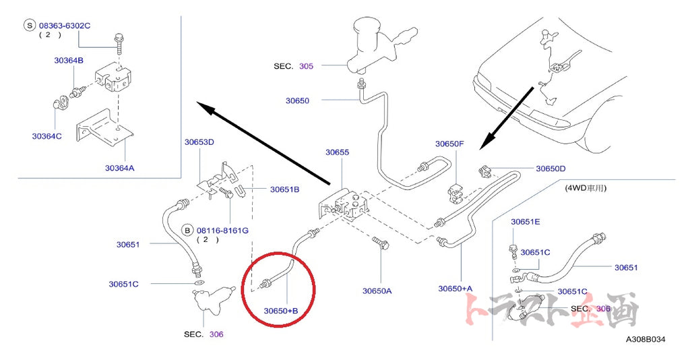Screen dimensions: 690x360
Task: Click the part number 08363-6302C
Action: coord(65,26)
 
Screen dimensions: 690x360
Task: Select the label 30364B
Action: coord(69,61)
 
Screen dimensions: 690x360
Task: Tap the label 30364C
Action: coord(46,136)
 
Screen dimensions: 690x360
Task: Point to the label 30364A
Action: coord(120,168)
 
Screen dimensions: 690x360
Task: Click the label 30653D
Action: coord(199,142)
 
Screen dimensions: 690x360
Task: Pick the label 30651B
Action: coord(285,189)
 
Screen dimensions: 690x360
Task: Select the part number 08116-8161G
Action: coord(222,231)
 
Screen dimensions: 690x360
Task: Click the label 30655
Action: coord(338,152)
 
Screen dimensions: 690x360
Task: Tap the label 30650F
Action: coord(449,144)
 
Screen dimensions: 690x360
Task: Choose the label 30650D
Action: coord(551,169)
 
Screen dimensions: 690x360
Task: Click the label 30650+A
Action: coord(456,289)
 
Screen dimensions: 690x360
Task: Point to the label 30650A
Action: coord(377,291)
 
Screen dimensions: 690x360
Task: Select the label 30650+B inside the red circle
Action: coord(281,311)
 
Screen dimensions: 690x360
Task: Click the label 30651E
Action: coord(526,222)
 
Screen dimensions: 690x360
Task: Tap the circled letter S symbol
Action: coord(30,26)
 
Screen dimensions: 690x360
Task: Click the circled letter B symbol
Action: coord(188,230)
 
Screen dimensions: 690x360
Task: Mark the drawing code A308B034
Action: coord(646,339)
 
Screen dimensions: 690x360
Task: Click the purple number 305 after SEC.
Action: coord(307,66)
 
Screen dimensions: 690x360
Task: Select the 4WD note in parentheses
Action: coord(586,188)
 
